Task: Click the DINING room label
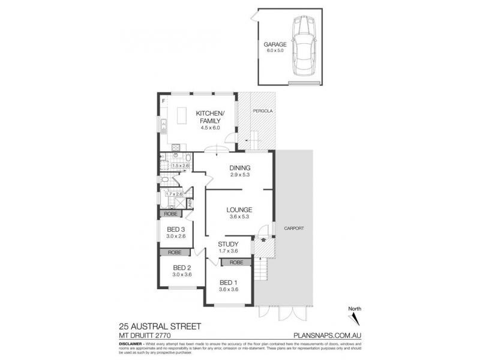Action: click(x=240, y=168)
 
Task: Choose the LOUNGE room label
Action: click(x=238, y=210)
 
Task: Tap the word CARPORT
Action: click(x=295, y=229)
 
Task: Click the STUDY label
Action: click(x=229, y=244)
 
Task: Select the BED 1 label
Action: click(x=229, y=283)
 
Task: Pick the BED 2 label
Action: click(x=181, y=268)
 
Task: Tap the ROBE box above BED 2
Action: click(x=175, y=253)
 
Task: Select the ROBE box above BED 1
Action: click(x=236, y=262)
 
